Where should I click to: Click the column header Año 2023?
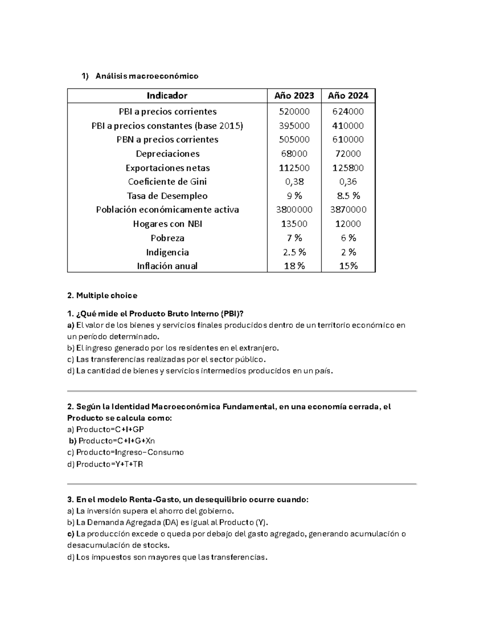tap(294, 96)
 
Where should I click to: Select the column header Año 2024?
tap(348, 96)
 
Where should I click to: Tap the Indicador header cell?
tap(167, 96)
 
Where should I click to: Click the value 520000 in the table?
tap(294, 111)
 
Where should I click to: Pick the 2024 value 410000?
tap(348, 126)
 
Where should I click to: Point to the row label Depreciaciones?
tap(167, 154)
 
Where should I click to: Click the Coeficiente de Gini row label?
tap(167, 182)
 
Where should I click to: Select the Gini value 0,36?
tap(348, 182)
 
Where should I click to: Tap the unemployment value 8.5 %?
tap(348, 196)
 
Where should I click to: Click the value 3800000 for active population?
tap(294, 210)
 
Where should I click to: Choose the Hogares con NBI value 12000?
tap(348, 224)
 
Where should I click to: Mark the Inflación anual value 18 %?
tap(294, 266)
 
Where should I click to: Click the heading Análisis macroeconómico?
tap(147, 76)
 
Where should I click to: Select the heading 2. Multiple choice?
tap(102, 296)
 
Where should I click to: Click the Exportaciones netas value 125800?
tap(348, 168)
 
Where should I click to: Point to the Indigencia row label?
tap(167, 252)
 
